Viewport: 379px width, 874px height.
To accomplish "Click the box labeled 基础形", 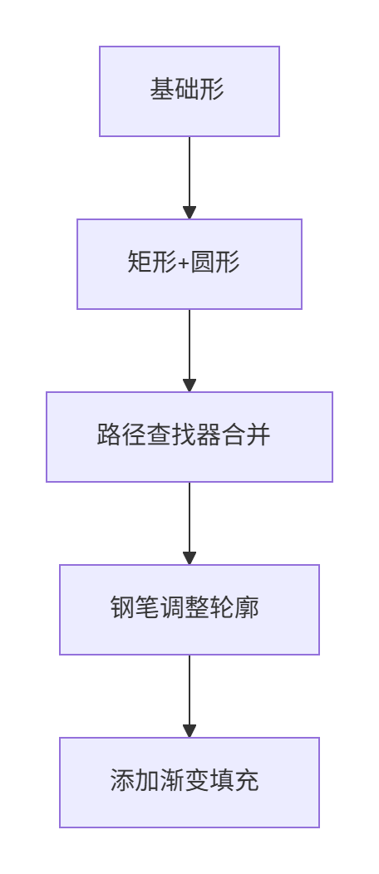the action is [x=189, y=91].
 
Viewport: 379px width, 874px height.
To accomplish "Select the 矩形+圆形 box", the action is [x=189, y=264].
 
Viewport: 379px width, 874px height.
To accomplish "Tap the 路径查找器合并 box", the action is [x=189, y=437].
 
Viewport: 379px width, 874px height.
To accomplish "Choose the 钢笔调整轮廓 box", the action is [x=189, y=610].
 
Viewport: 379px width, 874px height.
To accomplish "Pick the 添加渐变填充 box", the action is [x=189, y=783].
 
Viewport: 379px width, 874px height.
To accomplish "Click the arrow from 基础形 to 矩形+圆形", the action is [x=189, y=178].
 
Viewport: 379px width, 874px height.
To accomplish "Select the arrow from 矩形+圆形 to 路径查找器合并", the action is [x=189, y=351].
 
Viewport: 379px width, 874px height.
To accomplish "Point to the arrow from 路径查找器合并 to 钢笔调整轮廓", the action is [x=189, y=523].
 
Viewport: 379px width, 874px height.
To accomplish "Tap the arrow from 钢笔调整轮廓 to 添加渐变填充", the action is [x=189, y=696].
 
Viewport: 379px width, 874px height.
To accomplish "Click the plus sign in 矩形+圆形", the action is [x=184, y=263].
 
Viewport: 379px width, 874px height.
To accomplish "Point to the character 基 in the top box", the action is [x=161, y=89].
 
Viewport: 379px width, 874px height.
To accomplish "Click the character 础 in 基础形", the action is [x=187, y=89].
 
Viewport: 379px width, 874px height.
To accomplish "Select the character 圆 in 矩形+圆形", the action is [x=202, y=262].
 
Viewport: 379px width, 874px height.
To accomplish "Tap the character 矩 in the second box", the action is [x=140, y=262].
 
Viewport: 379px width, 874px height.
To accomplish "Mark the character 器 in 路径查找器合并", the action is [x=209, y=435].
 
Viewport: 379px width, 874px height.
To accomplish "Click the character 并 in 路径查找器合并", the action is [x=258, y=435].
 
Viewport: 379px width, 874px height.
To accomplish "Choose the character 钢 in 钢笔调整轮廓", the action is [x=122, y=607].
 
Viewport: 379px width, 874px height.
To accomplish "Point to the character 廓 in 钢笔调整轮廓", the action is [x=246, y=607].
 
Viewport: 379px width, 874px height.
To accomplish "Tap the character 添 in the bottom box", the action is [x=122, y=780].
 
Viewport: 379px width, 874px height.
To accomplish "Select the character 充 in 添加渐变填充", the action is [x=246, y=780].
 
